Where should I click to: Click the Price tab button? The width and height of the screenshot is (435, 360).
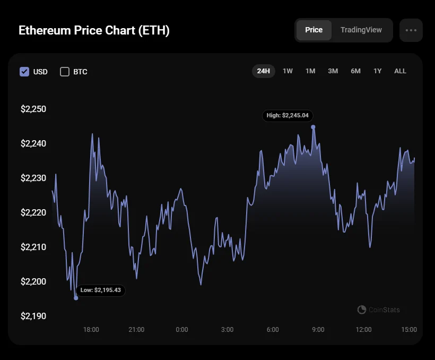click(x=314, y=30)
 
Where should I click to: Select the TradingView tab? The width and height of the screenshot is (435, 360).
click(x=361, y=30)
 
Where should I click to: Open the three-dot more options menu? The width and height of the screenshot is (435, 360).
click(x=411, y=30)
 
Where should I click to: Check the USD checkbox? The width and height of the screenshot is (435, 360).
click(x=24, y=72)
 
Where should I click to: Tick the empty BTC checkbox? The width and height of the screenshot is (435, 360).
click(x=65, y=72)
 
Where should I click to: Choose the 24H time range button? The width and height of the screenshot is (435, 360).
click(x=263, y=71)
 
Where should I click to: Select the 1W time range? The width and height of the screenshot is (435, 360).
click(x=288, y=71)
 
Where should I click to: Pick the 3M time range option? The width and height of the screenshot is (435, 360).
click(x=333, y=71)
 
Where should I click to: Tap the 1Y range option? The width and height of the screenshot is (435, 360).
click(x=377, y=71)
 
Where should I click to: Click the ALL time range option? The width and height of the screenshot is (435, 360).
click(x=400, y=71)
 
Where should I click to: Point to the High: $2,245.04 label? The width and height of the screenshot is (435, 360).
click(x=288, y=115)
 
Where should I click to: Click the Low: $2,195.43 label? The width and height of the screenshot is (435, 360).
click(x=100, y=290)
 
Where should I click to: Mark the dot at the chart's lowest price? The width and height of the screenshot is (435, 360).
click(x=76, y=298)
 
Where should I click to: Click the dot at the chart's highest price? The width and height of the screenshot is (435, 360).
click(x=314, y=127)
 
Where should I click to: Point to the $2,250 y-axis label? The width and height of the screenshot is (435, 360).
click(x=33, y=109)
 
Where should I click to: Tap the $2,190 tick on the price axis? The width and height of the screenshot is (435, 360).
click(x=33, y=316)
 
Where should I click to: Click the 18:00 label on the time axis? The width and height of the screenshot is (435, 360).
click(x=91, y=330)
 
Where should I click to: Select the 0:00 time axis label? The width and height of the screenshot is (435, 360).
click(x=182, y=330)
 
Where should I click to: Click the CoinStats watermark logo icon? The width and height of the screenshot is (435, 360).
click(x=362, y=310)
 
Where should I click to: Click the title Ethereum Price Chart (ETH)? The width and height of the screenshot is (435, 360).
click(x=94, y=31)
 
